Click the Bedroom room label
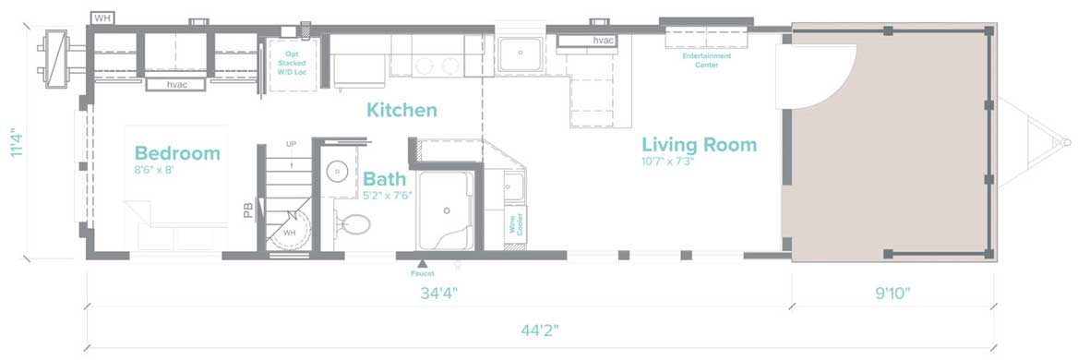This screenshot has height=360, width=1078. tap(177, 153)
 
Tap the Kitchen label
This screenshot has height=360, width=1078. tap(401, 110)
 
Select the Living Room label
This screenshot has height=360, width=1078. tap(700, 145)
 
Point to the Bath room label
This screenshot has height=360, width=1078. tap(384, 179)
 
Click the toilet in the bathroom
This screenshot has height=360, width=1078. tap(353, 224)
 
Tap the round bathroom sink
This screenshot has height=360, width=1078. tap(337, 172)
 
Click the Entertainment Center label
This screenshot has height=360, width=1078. tap(707, 60)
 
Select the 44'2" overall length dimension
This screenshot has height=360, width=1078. tap(540, 330)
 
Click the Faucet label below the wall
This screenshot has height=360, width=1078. tap(422, 273)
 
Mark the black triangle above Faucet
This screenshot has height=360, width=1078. tap(422, 263)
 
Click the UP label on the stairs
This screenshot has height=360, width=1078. tap(291, 144)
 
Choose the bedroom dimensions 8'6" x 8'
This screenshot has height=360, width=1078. tap(154, 170)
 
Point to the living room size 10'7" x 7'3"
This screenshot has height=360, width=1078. tap(668, 162)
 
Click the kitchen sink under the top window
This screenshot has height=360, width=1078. tap(519, 54)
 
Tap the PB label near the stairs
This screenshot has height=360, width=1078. tap(248, 210)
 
